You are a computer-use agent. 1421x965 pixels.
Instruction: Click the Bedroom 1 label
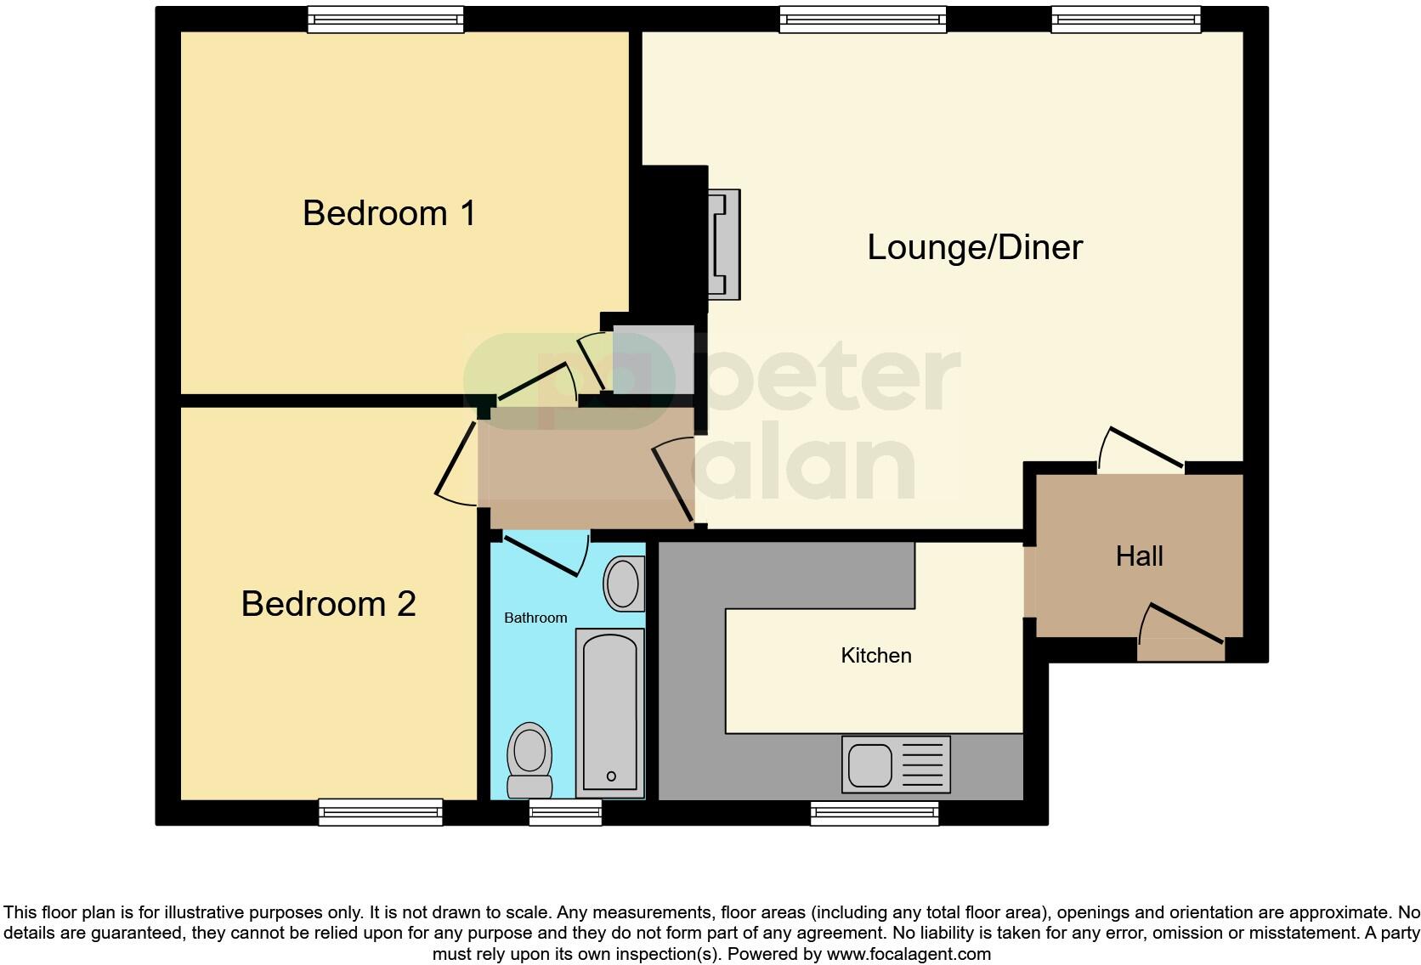pyautogui.click(x=388, y=212)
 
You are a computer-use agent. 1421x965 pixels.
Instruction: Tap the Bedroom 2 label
pyautogui.click(x=328, y=604)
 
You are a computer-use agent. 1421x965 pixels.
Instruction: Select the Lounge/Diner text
pyautogui.click(x=974, y=247)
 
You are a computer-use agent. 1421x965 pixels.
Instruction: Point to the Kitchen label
pyautogui.click(x=875, y=655)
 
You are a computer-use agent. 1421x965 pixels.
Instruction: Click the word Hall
pyautogui.click(x=1139, y=556)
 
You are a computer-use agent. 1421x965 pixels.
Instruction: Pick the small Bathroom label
pyautogui.click(x=535, y=618)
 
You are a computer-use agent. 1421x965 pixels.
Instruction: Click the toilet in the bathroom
pyautogui.click(x=529, y=759)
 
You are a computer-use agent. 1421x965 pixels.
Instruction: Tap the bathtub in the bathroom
pyautogui.click(x=609, y=712)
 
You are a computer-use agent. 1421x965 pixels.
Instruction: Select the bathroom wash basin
pyautogui.click(x=624, y=584)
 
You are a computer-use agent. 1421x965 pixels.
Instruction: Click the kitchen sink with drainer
pyautogui.click(x=896, y=764)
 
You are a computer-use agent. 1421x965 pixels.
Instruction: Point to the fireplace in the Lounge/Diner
pyautogui.click(x=725, y=244)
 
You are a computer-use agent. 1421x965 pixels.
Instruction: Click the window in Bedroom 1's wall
pyautogui.click(x=385, y=20)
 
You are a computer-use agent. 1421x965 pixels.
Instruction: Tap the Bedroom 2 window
pyautogui.click(x=380, y=812)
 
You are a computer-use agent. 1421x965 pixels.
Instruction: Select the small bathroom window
pyautogui.click(x=565, y=813)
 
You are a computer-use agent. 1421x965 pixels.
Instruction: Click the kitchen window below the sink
pyautogui.click(x=875, y=813)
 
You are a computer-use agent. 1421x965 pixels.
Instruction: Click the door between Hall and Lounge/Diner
pyautogui.click(x=1141, y=449)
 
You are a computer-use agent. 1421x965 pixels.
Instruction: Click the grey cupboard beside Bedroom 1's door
pyautogui.click(x=652, y=359)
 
